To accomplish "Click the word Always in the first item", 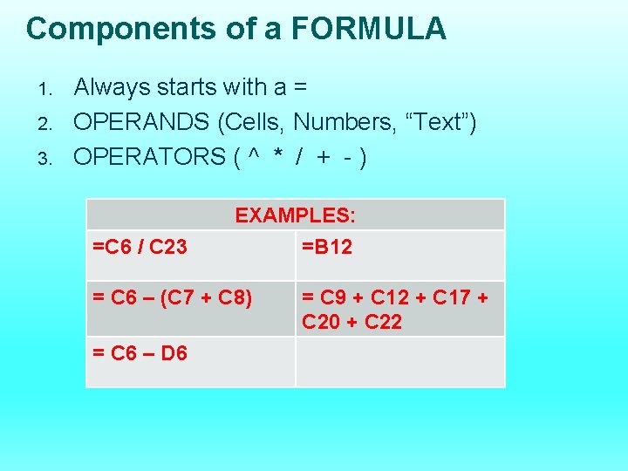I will coord(112,87).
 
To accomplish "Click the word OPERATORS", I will coord(149,157).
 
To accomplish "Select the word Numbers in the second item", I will coord(340,122).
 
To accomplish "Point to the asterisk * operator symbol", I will coord(278,158).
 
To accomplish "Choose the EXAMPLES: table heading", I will coord(295,215).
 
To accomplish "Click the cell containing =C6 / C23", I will coord(140,247).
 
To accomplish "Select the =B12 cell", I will coord(327,247).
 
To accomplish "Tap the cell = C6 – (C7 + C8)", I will coord(173,298).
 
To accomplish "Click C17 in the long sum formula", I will coord(452,298).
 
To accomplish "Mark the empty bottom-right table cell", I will coord(399,361).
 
